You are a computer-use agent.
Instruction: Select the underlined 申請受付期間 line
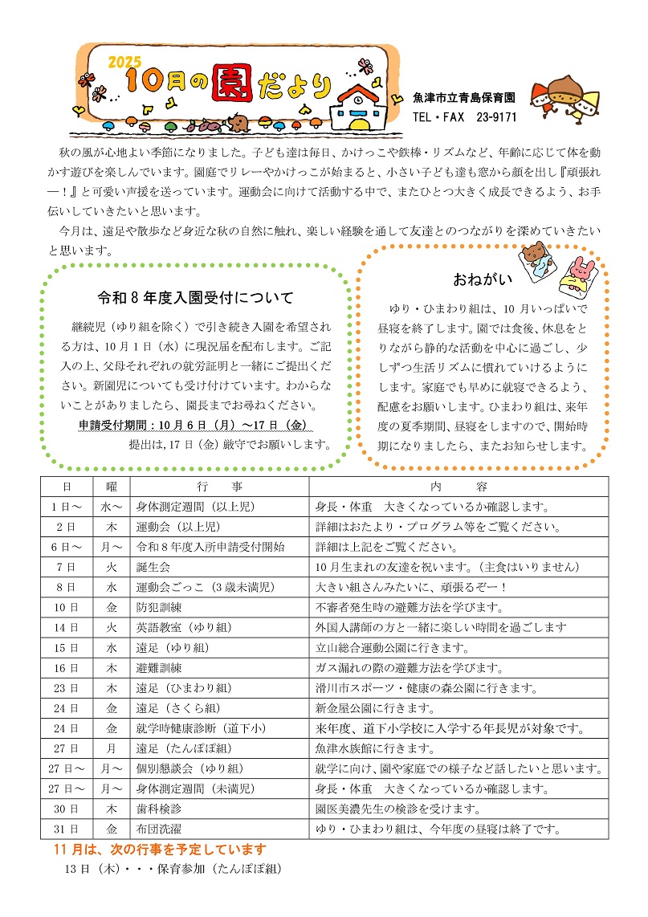tap(194, 425)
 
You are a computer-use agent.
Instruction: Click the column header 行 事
tap(219, 487)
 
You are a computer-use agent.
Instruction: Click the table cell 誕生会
tap(153, 567)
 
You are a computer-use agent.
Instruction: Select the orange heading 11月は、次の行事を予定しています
tap(160, 849)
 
